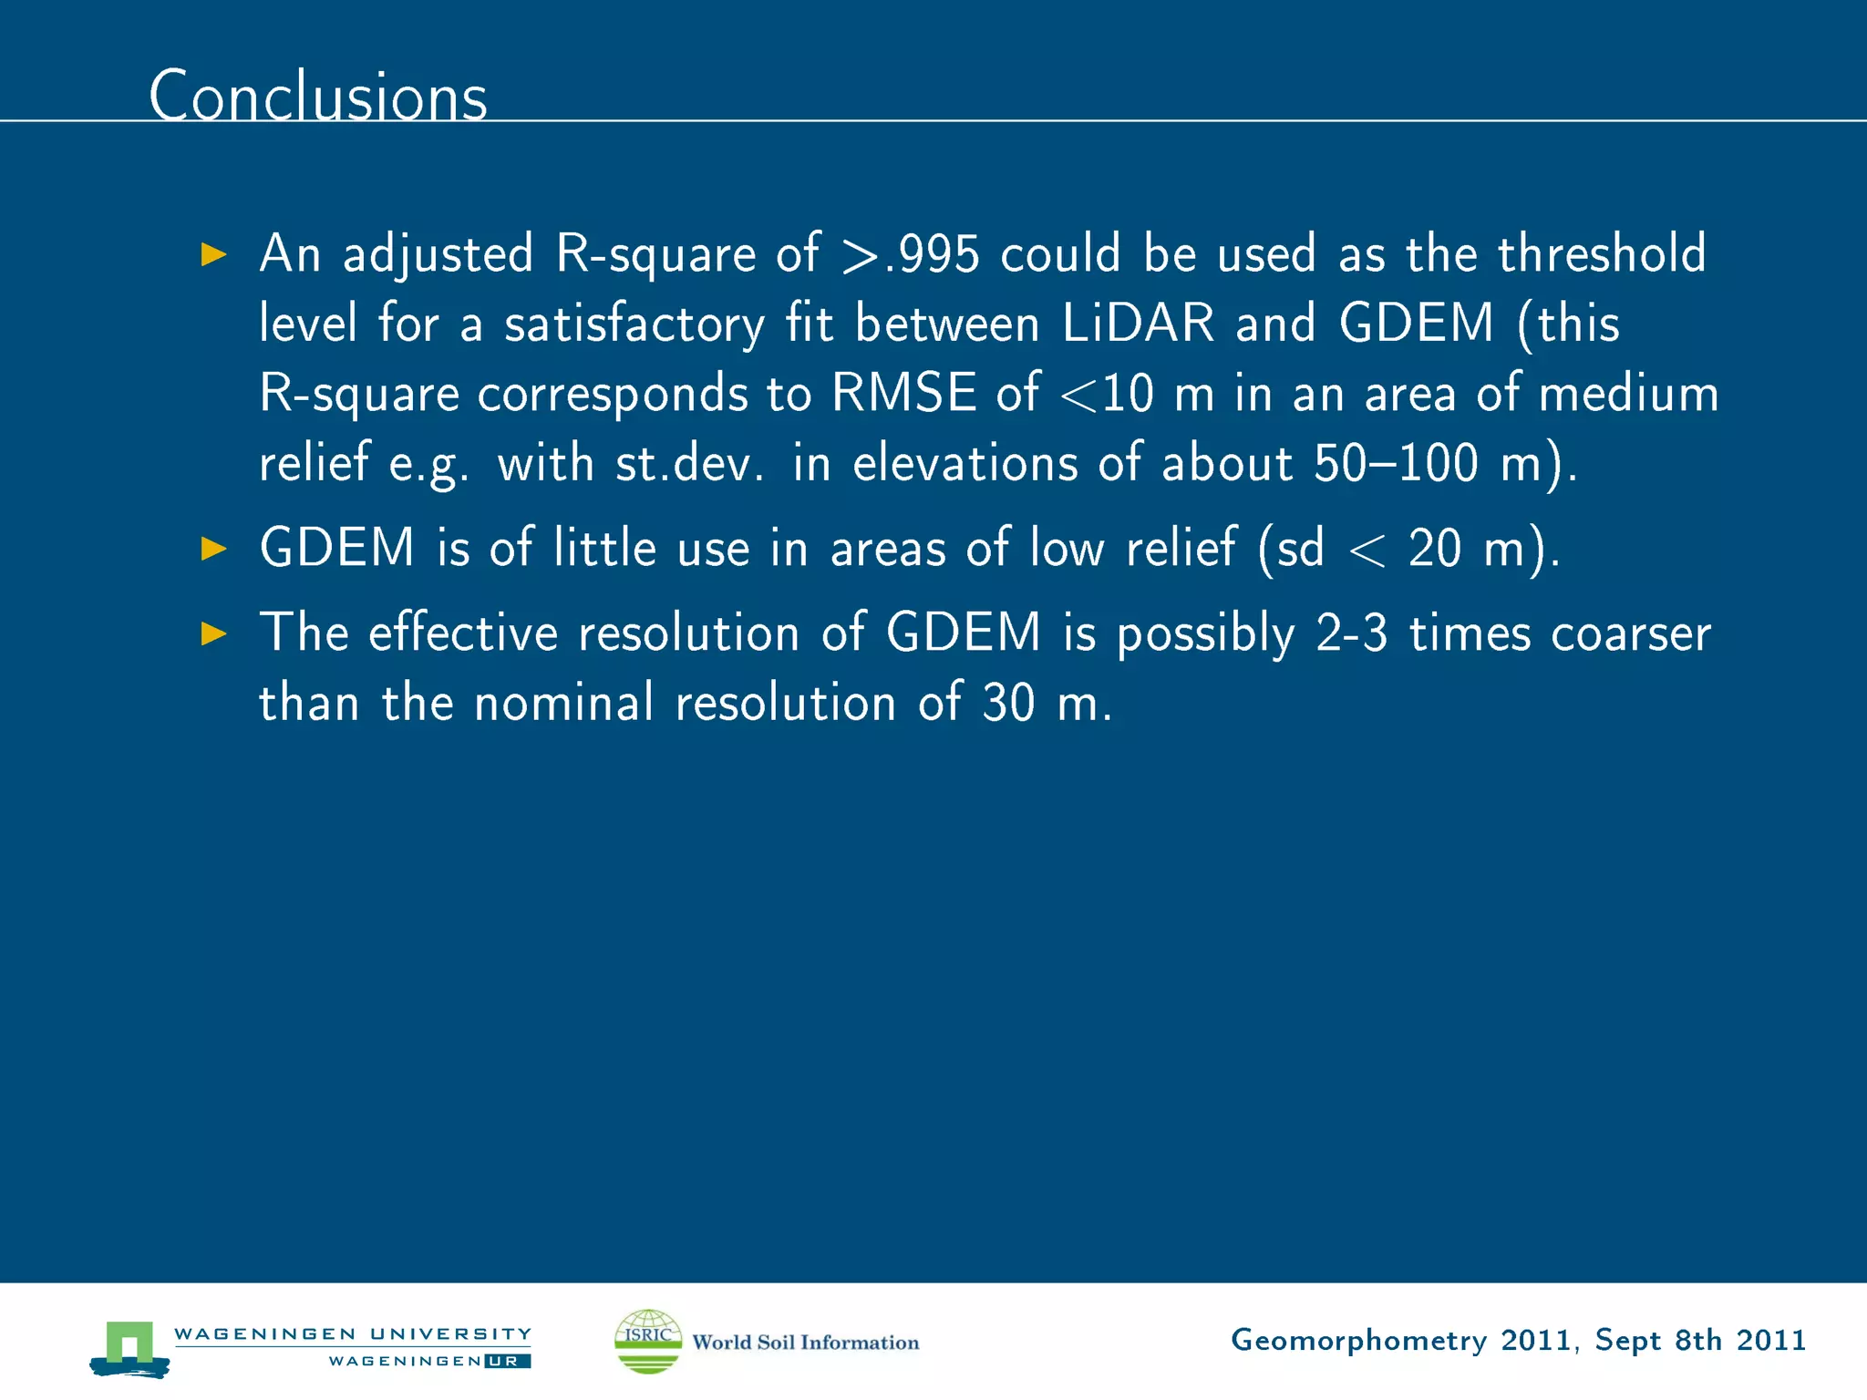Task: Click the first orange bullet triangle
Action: coord(213,254)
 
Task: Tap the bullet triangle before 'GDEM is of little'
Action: coord(213,549)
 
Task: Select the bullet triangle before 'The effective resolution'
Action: coord(213,633)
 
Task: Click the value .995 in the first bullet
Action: coord(932,254)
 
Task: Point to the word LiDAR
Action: coord(1138,324)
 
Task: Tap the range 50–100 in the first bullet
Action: coord(1395,463)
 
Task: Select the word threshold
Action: coord(1601,253)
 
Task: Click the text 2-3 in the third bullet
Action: coord(1351,633)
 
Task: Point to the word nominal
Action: coord(564,703)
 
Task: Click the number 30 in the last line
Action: coord(1008,704)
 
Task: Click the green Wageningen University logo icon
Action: coord(129,1347)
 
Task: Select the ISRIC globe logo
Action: coord(648,1341)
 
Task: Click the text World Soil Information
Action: coord(806,1343)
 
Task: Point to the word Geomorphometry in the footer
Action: coord(1358,1341)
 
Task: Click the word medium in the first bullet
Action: coord(1628,394)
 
